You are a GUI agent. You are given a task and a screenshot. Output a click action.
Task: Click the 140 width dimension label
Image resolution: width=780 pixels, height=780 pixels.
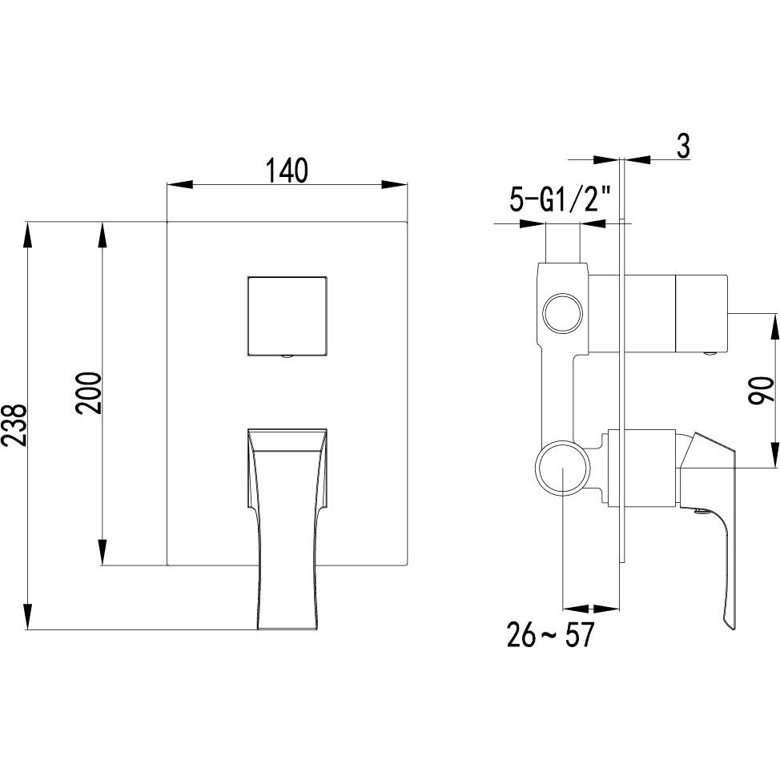tap(287, 170)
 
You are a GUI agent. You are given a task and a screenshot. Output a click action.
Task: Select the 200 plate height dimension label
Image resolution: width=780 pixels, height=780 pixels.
tap(89, 393)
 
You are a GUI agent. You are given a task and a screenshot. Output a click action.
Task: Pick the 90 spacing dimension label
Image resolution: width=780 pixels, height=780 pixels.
tap(762, 392)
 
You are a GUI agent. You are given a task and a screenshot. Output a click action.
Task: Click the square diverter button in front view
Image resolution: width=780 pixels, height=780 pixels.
tap(287, 315)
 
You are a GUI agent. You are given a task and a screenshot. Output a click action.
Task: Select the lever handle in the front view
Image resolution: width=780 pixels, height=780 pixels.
tap(287, 527)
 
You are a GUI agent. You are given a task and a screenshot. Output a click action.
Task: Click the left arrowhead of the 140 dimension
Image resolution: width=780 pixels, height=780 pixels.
tap(180, 184)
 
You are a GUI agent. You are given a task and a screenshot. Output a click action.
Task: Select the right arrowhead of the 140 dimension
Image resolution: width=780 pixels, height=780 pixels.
tap(394, 184)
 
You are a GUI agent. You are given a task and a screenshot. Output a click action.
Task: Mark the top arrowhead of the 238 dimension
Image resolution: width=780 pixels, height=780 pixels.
tap(28, 235)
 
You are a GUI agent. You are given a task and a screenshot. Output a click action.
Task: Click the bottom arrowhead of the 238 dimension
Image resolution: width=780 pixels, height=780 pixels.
tap(28, 617)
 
